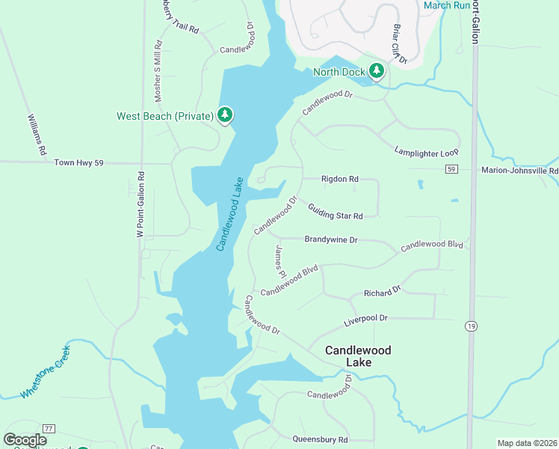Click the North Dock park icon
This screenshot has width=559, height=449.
tap(377, 72)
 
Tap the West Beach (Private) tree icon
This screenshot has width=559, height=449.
tap(225, 115)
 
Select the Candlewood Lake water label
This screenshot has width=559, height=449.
tap(230, 214)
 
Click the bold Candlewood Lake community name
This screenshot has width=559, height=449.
tap(358, 356)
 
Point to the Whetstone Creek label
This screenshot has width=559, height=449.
tap(46, 371)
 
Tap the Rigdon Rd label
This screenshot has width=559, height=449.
tap(339, 179)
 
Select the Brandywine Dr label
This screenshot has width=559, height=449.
tap(331, 239)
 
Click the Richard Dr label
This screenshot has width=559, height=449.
tap(382, 290)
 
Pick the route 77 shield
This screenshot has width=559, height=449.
tap(49, 428)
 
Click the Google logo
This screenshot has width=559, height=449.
tap(25, 440)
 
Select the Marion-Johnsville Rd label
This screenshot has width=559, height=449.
tap(519, 171)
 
